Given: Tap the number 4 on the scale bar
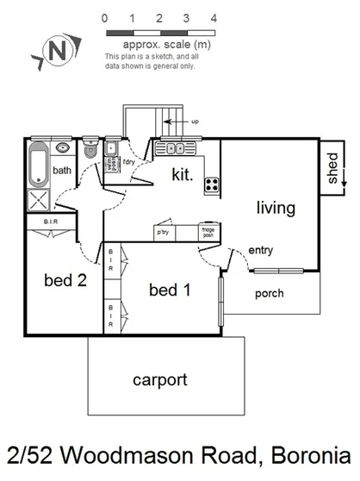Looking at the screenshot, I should pyautogui.click(x=214, y=17).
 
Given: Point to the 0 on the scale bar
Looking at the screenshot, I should pyautogui.click(x=104, y=17).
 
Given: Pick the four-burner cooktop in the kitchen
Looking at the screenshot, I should pyautogui.click(x=211, y=183).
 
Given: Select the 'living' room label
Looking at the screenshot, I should pyautogui.click(x=275, y=208).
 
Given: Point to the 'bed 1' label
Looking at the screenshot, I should pyautogui.click(x=170, y=290).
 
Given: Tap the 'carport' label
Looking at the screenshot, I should pyautogui.click(x=159, y=378).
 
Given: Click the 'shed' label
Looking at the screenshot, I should pyautogui.click(x=333, y=169).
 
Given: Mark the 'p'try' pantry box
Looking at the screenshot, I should pyautogui.click(x=163, y=232).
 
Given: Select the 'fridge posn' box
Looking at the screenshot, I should pyautogui.click(x=208, y=231).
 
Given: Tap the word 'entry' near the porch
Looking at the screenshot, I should pyautogui.click(x=260, y=250).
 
